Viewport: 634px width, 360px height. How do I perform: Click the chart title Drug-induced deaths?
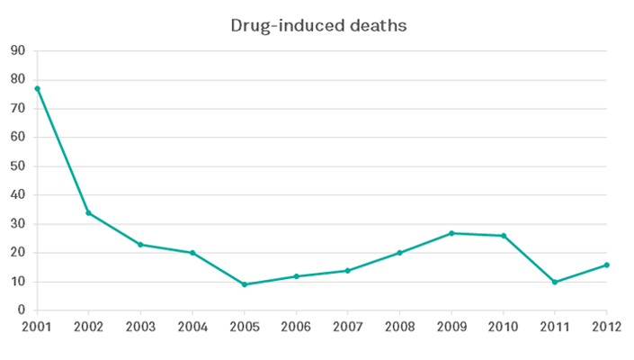coord(319,25)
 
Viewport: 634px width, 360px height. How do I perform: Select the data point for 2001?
coord(37,88)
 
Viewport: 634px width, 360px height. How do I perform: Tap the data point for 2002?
coord(88,212)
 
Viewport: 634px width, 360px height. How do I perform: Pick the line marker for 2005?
coord(244,284)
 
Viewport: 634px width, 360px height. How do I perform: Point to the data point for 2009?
coord(451,233)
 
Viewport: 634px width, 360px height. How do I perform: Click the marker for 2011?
coord(555,282)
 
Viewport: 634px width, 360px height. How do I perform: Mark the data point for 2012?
coord(607,265)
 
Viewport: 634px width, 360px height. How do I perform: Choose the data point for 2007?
coord(348,270)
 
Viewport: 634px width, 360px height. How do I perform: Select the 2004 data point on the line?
coord(192,253)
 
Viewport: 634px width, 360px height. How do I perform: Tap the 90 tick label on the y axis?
coord(17,51)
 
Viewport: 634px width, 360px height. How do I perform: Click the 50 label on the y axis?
coord(17,166)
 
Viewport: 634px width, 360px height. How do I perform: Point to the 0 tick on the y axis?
coord(21,310)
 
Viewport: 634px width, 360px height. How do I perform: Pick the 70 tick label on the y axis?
coord(17,109)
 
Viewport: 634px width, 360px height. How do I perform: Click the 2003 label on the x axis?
coord(140,327)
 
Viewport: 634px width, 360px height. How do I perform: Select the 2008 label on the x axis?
coord(399,327)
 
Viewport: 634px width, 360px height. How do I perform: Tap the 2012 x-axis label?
coord(607,327)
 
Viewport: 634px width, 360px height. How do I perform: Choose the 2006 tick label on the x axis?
coord(296,327)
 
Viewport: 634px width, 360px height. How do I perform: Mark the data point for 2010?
coord(504,236)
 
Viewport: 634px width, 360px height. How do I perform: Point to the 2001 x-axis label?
coord(37,327)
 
